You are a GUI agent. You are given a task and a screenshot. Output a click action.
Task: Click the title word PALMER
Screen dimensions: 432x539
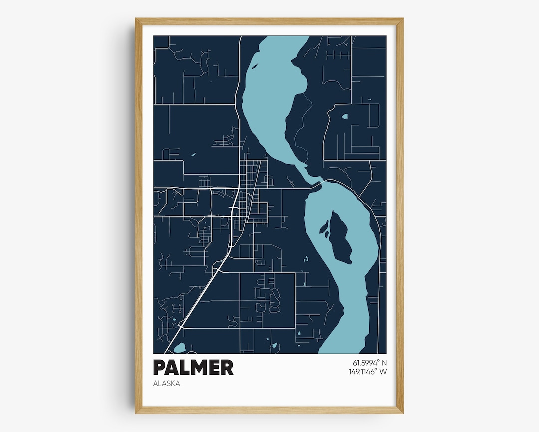pos(193,367)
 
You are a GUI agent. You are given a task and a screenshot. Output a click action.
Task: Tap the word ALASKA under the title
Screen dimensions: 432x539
pos(167,384)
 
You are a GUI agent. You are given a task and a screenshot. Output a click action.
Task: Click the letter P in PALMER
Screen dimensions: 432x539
pos(160,367)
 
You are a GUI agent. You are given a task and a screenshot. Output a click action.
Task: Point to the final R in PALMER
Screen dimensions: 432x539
pos(227,367)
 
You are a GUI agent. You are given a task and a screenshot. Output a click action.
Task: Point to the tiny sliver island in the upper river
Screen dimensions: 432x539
pos(254,65)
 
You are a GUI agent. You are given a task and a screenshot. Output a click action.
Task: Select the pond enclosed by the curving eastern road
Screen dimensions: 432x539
pos(345,117)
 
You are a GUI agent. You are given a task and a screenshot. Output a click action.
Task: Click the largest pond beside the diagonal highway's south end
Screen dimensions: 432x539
pos(180,347)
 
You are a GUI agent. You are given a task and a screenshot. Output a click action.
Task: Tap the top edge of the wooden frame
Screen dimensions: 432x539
pos(269,21)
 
